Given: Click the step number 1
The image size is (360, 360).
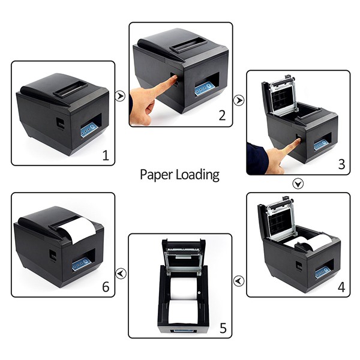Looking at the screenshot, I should tap(106, 157).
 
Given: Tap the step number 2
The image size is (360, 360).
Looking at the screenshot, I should tap(222, 116).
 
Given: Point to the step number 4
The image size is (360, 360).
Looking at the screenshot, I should tap(341, 287).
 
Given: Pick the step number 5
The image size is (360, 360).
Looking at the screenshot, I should tap(223, 328).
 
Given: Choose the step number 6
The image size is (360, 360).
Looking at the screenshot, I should tap(106, 287).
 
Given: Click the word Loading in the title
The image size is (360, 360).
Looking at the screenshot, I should tap(197, 175).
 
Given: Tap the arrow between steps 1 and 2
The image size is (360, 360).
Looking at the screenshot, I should tap(121, 96).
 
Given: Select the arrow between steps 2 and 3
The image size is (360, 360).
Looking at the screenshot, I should tap(239, 100).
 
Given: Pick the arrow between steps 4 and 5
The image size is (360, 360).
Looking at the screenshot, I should tap(239, 280).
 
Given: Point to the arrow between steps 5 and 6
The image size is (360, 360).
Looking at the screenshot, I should tap(121, 274).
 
